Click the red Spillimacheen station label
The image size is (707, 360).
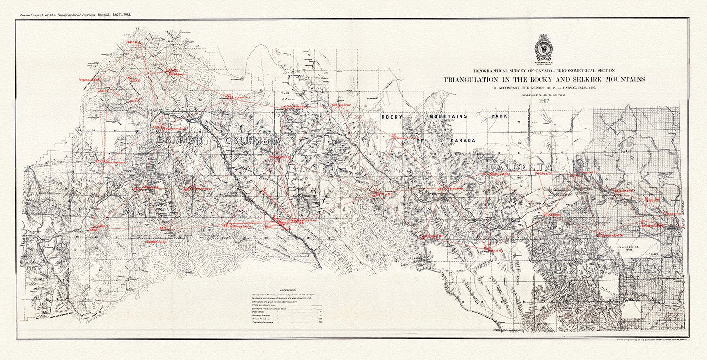pos(238,226)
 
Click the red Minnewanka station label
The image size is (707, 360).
pos(500,174)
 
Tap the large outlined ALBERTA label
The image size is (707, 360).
pos(523,168)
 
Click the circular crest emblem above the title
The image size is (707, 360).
pos(543,49)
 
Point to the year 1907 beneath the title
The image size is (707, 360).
pos(543,101)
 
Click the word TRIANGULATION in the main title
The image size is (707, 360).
pos(476,79)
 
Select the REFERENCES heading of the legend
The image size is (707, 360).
pos(288,290)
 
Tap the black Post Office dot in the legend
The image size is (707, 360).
pos(307,311)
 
